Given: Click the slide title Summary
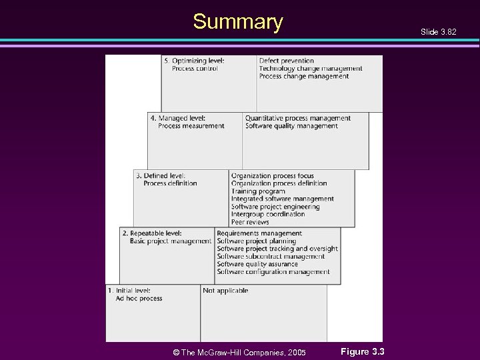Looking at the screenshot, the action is point(238,22).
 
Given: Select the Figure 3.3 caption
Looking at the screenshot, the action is point(363,351).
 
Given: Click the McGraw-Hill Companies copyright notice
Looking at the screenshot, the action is point(239,352).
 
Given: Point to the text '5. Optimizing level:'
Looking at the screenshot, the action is point(195,61).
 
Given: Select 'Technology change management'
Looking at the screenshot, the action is point(311,69).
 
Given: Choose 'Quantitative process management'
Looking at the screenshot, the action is point(297,118).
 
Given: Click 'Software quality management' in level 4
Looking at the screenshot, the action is point(291,126).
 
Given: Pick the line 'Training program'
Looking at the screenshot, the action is point(258,191).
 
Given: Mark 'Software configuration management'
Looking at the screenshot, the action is point(273,272).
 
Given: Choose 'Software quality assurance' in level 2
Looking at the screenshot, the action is point(257,264).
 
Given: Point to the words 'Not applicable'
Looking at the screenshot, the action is point(225,291).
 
